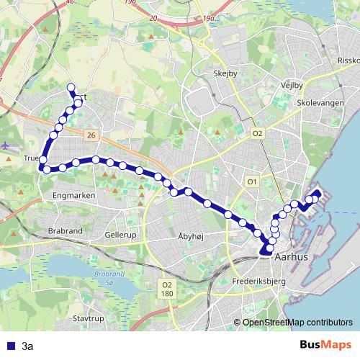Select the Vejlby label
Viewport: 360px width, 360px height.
292,84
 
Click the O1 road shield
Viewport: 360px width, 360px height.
252,181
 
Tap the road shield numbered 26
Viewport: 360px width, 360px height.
90,135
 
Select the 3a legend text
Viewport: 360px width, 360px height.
27,346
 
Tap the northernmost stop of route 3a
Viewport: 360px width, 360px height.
71,88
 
